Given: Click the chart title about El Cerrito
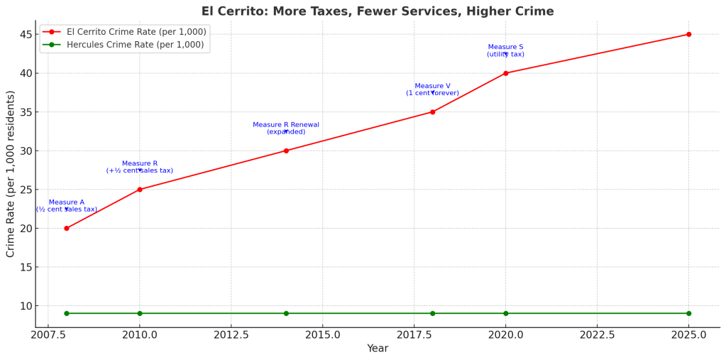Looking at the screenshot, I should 378,11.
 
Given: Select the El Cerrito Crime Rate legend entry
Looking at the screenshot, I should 125,32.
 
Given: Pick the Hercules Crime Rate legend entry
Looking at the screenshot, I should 125,45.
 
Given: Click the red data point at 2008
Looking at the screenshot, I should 67,228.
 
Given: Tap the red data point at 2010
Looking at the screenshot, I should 140,190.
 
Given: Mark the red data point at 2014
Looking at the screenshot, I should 286,151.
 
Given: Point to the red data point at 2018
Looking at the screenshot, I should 432,112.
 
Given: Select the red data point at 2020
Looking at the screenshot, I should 506,73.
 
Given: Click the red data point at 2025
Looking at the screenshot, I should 688,34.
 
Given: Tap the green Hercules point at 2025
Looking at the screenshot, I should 688,313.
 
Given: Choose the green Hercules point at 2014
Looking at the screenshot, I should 286,313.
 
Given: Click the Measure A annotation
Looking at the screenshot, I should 67,206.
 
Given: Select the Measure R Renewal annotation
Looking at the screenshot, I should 286,128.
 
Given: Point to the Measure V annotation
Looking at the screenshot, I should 432,89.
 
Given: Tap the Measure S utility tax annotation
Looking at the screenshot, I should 506,50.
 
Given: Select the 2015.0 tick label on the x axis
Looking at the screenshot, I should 322,334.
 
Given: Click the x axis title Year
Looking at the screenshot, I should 378,349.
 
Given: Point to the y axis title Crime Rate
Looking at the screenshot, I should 11,174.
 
